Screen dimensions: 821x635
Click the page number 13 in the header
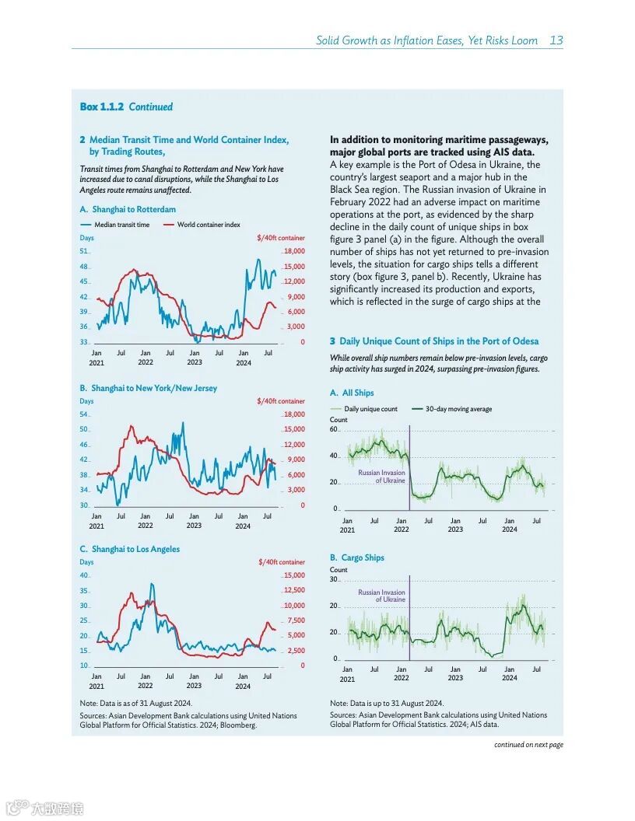click(x=556, y=40)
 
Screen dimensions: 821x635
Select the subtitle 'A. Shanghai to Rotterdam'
click(x=128, y=210)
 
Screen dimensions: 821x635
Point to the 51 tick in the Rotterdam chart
click(x=84, y=251)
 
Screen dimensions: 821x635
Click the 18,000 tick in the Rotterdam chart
click(x=294, y=251)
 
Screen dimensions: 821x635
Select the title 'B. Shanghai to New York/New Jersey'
click(x=148, y=388)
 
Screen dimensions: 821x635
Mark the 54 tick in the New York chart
click(x=84, y=414)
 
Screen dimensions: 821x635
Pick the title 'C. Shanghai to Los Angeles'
click(x=129, y=549)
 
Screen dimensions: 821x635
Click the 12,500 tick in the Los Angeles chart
click(x=293, y=591)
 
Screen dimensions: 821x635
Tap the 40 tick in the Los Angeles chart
click(x=84, y=575)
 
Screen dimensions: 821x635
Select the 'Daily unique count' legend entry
click(x=370, y=409)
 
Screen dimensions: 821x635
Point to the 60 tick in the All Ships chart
click(x=334, y=430)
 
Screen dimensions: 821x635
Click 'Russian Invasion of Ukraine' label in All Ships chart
click(x=381, y=477)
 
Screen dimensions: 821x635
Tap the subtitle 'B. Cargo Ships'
click(x=356, y=557)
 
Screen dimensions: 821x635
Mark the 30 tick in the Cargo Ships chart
click(x=334, y=579)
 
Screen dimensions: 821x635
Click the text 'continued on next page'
click(x=528, y=745)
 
